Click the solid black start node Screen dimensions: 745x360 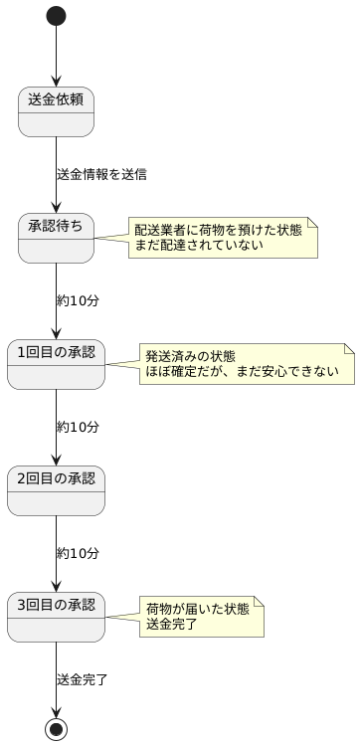point(56,16)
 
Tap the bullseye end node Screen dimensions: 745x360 point(56,728)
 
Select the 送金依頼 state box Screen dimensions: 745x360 point(56,111)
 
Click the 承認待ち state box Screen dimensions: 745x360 point(56,238)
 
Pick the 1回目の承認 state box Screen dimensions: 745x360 point(56,364)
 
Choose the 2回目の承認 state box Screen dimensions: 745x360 point(56,490)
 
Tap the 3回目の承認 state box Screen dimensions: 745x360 point(56,617)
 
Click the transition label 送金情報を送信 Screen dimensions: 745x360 point(101,174)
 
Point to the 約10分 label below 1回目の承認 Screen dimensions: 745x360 point(78,427)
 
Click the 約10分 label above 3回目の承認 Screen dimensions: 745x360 point(78,553)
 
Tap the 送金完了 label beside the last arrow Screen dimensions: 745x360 point(83,679)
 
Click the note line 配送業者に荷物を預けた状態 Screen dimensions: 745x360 point(218,230)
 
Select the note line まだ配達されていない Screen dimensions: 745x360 point(199,246)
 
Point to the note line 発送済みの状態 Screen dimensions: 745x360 point(190,356)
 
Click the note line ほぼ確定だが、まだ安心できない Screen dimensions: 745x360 point(242,372)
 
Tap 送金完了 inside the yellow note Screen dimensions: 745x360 point(171,625)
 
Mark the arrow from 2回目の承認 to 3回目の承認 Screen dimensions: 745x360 point(56,552)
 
